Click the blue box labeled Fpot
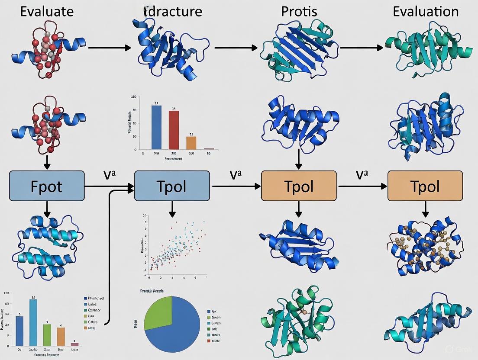[x=47, y=186]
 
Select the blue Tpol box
[x=172, y=186]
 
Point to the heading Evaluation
[x=426, y=11]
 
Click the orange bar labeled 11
[x=191, y=142]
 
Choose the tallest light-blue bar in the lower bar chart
[x=33, y=322]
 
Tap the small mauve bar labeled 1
[x=74, y=344]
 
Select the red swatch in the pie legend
[x=209, y=341]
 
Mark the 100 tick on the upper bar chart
[x=133, y=97]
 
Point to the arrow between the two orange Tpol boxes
[x=362, y=186]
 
